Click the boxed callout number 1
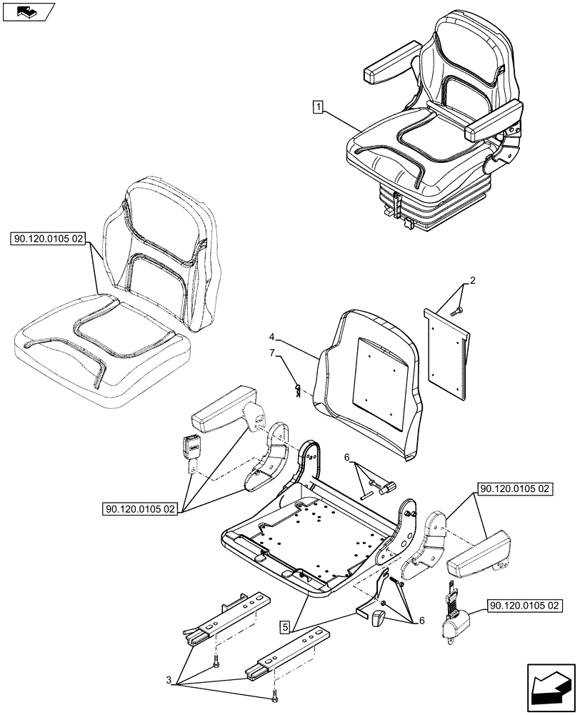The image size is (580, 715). [318, 108]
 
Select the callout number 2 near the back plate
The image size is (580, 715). [471, 282]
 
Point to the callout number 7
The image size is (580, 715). [272, 352]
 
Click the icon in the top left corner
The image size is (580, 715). [28, 11]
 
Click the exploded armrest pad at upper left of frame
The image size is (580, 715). [224, 413]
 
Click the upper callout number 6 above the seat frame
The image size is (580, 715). [347, 458]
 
